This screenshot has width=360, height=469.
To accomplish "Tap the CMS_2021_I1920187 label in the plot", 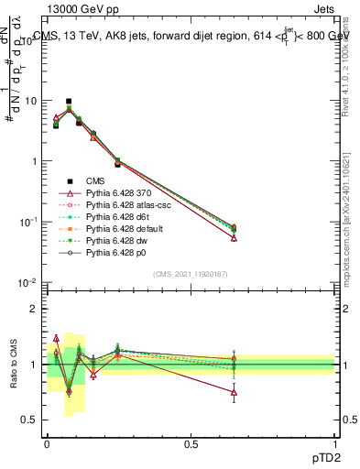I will click(191, 273).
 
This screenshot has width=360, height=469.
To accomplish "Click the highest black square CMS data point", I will click(69, 102).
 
